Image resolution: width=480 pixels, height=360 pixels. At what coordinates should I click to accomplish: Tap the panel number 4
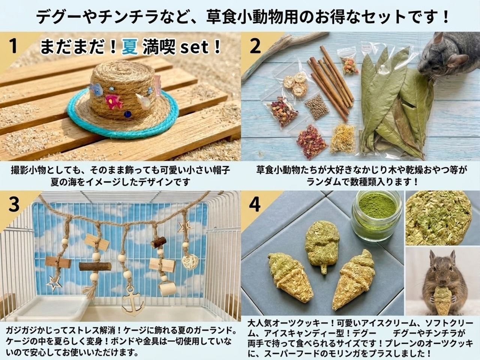pyautogui.click(x=255, y=205)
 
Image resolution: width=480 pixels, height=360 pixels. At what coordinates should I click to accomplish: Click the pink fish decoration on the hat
pyautogui.click(x=113, y=100)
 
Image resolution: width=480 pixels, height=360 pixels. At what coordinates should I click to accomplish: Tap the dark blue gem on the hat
pyautogui.click(x=127, y=114)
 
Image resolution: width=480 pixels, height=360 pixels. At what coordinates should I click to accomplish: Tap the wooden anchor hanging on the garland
pyautogui.click(x=133, y=301)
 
